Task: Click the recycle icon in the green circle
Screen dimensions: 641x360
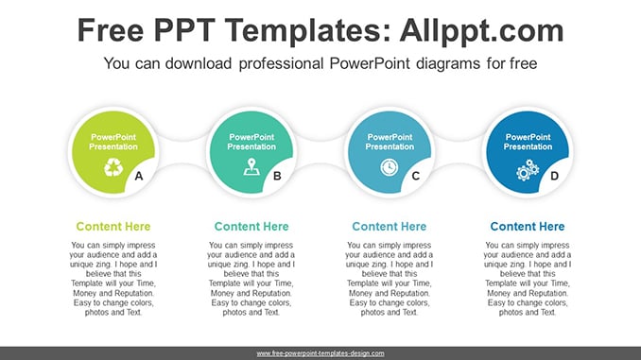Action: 113,167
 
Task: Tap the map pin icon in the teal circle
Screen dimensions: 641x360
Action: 251,166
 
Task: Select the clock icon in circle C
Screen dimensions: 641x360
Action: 390,167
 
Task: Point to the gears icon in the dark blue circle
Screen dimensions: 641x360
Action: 528,170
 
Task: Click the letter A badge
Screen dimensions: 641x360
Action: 139,176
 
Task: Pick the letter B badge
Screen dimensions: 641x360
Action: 277,176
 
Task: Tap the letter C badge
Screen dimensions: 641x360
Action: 416,176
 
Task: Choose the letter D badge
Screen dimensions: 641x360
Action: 554,176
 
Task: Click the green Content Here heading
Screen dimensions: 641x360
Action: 113,227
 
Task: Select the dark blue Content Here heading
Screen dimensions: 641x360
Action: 528,227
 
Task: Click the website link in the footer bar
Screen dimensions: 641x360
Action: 320,353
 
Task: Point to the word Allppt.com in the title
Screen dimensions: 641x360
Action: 481,30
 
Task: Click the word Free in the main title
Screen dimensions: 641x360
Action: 111,30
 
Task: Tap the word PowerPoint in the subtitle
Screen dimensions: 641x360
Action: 370,63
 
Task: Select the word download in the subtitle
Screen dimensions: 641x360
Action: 199,63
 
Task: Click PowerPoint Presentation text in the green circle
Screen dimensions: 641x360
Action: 113,142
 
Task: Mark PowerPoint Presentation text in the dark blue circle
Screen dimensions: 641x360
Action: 528,142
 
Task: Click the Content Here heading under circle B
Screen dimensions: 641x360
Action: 251,227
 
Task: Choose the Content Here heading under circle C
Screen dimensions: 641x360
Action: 390,227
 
